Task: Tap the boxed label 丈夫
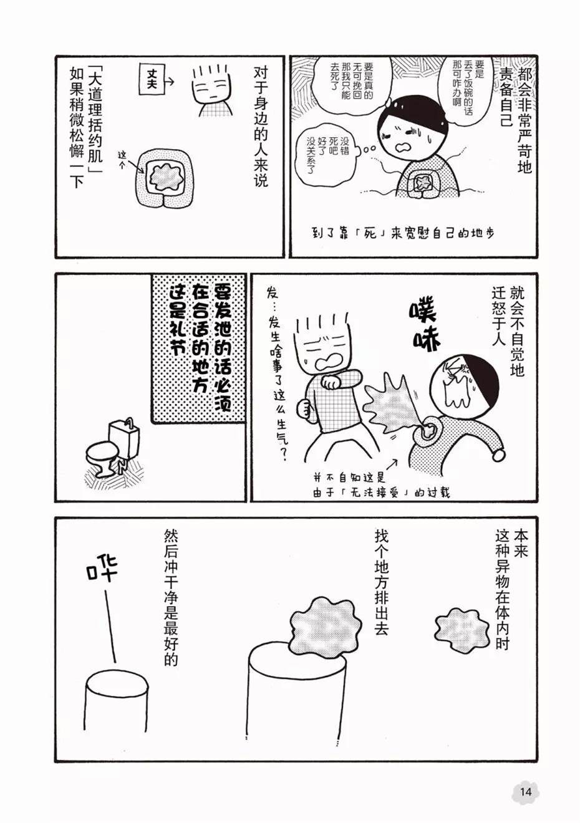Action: pos(152,81)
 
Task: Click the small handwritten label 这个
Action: pos(122,158)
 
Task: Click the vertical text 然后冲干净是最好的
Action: pos(171,598)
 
